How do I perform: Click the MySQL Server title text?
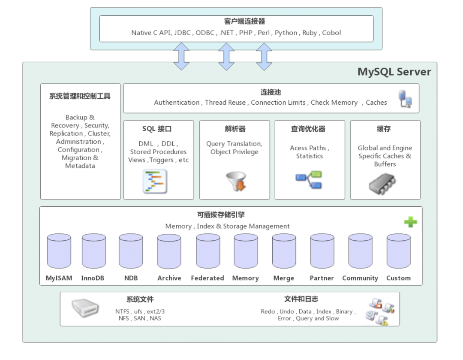(394, 72)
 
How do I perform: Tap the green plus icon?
(411, 222)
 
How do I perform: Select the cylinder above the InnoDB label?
(94, 251)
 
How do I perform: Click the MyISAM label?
(59, 278)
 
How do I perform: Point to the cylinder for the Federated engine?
(208, 251)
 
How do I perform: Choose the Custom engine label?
(399, 278)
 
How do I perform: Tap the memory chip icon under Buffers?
(382, 184)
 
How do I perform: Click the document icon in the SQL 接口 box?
(155, 182)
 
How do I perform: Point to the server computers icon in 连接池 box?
(405, 99)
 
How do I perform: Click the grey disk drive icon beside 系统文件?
(85, 308)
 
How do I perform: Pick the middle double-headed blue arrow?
(226, 57)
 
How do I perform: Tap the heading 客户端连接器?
(244, 21)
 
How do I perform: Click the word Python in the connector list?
(286, 33)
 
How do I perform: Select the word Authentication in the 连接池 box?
(177, 103)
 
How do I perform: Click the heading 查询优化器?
(308, 129)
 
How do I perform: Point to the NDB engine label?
(131, 278)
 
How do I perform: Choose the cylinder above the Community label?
(361, 251)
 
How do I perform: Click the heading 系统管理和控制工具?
(80, 96)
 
